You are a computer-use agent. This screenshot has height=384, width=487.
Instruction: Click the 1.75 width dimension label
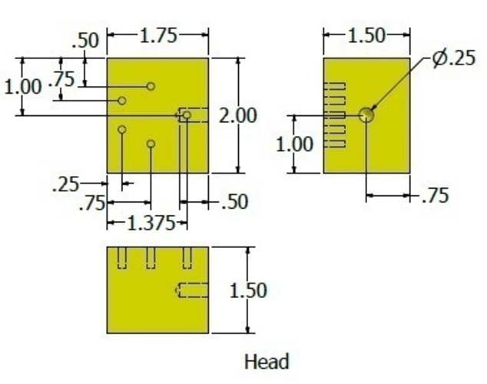[x=159, y=35]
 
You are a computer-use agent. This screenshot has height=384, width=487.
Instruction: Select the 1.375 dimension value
[x=151, y=223]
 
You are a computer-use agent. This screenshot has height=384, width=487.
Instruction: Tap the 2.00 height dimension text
[x=238, y=115]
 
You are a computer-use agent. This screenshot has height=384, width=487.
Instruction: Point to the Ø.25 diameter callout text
[x=453, y=58]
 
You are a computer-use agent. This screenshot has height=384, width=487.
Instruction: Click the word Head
[x=267, y=362]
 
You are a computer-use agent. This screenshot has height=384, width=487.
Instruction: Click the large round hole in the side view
[x=366, y=115]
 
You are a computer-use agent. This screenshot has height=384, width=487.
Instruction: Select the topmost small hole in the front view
[x=151, y=86]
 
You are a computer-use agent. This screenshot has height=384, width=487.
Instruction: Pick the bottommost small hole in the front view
[x=151, y=144]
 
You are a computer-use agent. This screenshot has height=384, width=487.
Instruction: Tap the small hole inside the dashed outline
[x=187, y=115]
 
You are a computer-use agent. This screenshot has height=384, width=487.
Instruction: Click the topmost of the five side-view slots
[x=334, y=86]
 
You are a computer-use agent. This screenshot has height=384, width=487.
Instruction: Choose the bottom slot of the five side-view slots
[x=334, y=144]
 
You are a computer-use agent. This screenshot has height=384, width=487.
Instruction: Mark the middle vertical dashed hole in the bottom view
[x=151, y=257]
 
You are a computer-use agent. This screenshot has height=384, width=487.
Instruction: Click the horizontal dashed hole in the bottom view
[x=192, y=290]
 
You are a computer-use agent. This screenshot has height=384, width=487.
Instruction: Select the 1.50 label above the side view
[x=367, y=36]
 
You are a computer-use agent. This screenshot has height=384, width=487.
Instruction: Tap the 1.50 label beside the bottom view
[x=248, y=290]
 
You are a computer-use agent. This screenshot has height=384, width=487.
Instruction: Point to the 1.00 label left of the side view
[x=294, y=144]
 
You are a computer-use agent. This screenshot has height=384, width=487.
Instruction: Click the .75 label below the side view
[x=436, y=196]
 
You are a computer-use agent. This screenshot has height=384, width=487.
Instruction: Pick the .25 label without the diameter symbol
[x=66, y=185]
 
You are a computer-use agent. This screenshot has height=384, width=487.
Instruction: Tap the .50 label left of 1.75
[x=85, y=41]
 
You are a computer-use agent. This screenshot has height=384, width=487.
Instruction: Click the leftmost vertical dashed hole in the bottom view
[x=122, y=257]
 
